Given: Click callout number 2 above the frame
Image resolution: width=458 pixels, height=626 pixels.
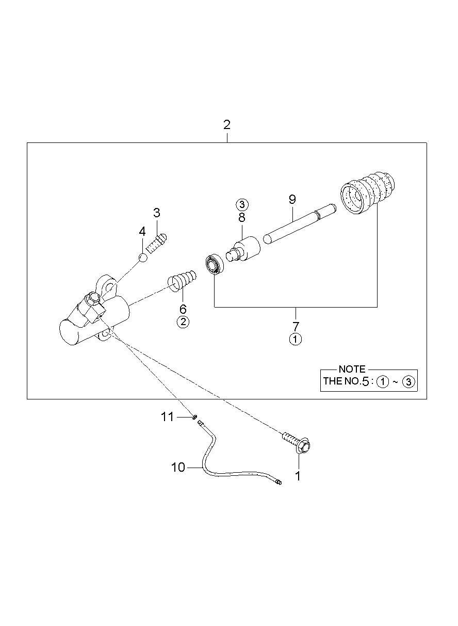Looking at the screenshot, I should tap(227, 125).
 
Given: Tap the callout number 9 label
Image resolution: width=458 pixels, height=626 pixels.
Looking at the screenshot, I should tap(292, 199).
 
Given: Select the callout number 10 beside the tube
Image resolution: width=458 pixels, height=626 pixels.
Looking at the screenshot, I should tap(178, 468).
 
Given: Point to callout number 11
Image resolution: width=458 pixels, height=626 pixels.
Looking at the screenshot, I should tap(168, 417).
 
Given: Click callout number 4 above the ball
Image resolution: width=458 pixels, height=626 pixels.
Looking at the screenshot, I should tap(142, 232).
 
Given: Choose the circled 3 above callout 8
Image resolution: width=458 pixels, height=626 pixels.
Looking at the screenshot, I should tap(242, 203).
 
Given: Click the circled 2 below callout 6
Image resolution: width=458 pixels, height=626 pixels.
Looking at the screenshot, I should tap(183, 322).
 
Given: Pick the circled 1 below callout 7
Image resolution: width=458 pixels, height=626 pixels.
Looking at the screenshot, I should tap(295, 339).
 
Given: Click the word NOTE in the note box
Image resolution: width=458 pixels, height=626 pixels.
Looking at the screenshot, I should tap(352, 369).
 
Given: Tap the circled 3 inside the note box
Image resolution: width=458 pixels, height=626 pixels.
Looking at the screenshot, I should tap(408, 382).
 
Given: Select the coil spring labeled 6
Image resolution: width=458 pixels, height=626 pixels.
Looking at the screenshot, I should tap(182, 280).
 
